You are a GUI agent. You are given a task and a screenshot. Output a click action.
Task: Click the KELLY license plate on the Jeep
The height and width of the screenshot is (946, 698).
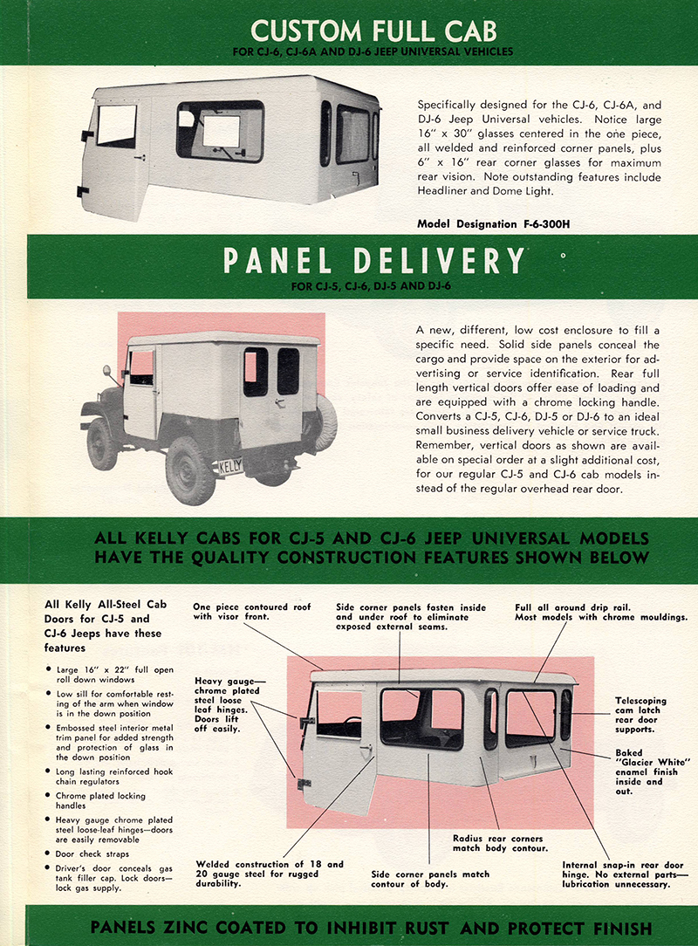tap(229, 466)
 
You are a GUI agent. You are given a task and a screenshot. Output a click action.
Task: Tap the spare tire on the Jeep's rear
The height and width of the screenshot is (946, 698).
tap(325, 422)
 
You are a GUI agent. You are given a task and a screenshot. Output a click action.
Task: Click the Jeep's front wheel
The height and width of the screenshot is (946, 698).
tap(102, 442)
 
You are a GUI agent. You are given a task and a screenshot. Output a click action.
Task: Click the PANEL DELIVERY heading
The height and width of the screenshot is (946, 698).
tap(374, 262)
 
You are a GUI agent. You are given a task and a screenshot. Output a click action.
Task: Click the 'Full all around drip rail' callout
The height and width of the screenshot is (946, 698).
tap(601, 612)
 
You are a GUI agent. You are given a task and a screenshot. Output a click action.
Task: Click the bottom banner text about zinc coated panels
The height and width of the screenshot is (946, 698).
tap(371, 927)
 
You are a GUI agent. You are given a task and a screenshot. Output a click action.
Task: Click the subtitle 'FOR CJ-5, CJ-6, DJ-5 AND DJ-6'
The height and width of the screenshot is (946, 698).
tap(373, 284)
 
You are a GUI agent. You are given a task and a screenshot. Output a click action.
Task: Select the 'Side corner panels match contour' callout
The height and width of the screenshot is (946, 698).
tap(430, 879)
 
